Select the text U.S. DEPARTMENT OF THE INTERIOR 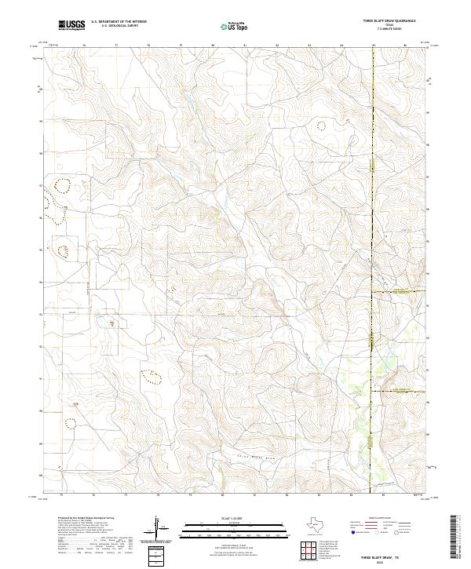119,22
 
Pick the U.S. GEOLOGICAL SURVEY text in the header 119,26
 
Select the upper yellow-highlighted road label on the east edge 400,292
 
